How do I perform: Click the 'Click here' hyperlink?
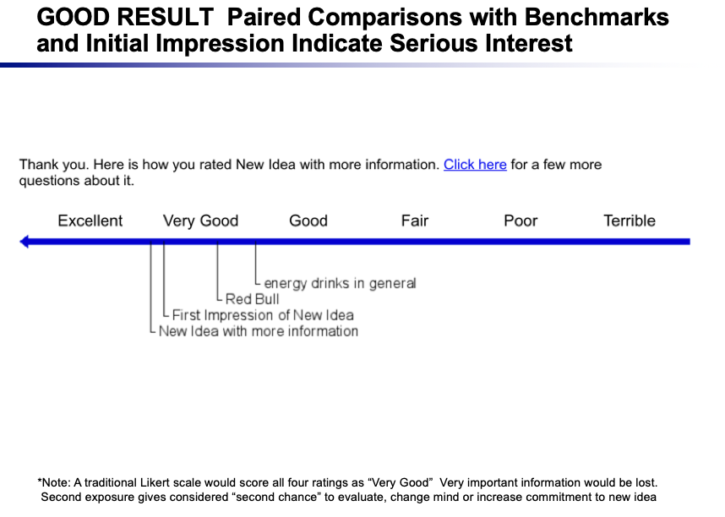(475, 165)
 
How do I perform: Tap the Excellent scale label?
(90, 221)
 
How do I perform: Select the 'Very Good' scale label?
(200, 221)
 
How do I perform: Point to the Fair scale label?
(415, 221)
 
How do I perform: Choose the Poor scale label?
(521, 221)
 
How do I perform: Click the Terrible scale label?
(630, 221)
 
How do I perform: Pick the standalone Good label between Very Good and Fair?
(308, 221)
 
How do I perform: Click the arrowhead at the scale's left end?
(24, 242)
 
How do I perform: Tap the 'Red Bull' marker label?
(252, 299)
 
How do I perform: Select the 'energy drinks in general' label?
(340, 284)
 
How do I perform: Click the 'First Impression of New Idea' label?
(263, 315)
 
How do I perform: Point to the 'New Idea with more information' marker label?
(259, 331)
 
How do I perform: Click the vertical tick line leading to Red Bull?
(217, 272)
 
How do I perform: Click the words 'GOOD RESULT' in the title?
(125, 18)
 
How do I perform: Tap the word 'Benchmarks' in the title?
(597, 18)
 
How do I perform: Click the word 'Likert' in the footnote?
(186, 482)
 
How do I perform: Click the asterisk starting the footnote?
(40, 481)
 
